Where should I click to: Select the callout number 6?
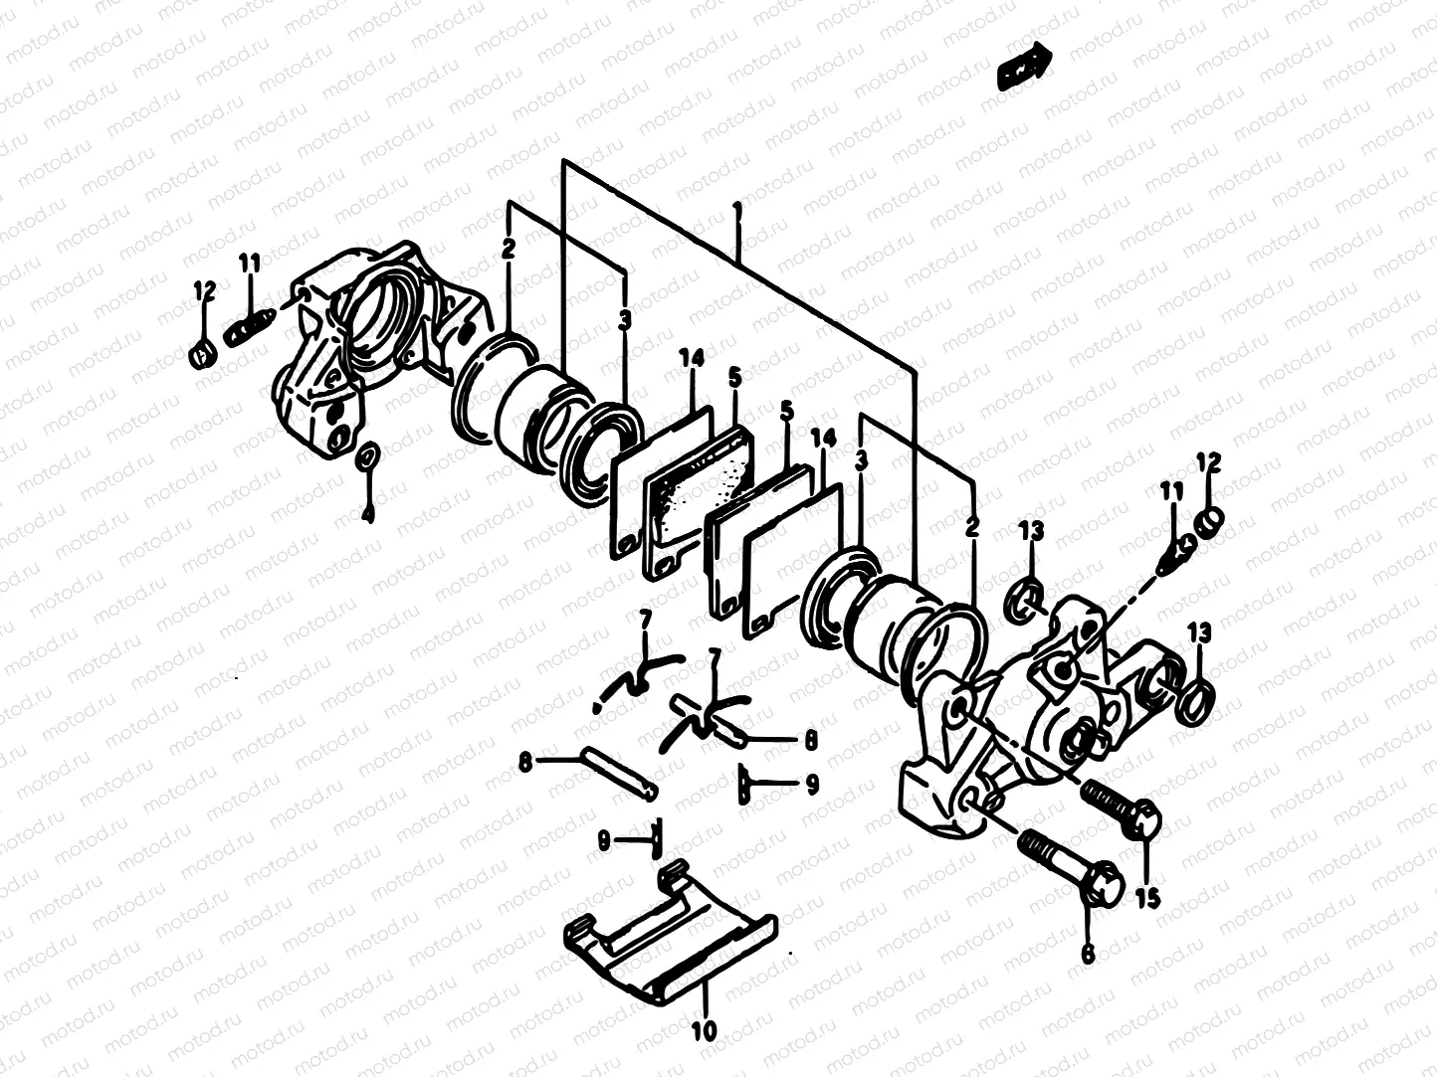1087,954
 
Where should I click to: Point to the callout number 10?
704,1031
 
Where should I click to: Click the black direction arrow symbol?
1023,68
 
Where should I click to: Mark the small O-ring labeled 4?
366,456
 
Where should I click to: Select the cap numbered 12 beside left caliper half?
202,352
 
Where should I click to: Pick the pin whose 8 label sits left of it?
620,771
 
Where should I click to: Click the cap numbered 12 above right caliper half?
1208,521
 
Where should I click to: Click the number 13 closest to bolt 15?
1199,632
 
